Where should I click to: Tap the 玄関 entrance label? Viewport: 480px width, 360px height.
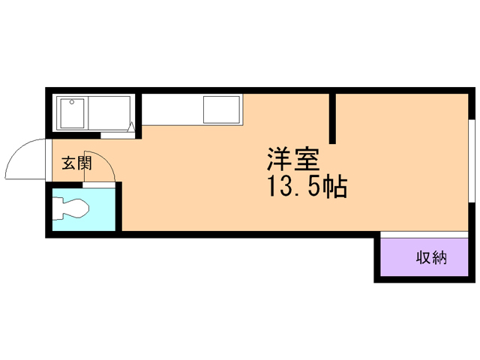pos(76,163)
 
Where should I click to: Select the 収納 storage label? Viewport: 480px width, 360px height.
pos(431,258)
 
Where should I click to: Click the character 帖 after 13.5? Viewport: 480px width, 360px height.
pos(334,187)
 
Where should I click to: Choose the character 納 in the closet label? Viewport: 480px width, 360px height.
pos(439,258)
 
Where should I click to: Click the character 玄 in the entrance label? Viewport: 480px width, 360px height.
pos(68,163)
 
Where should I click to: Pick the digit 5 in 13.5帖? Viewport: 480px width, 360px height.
pos(313,187)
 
